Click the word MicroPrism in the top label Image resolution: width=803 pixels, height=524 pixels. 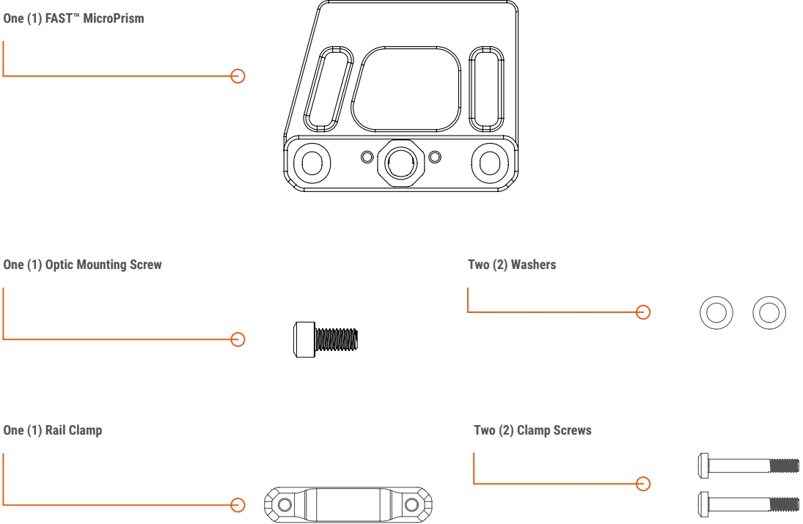113,18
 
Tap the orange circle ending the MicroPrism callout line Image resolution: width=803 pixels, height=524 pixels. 238,76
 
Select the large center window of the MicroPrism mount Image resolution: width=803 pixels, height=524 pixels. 406,89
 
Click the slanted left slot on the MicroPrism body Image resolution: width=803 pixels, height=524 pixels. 329,89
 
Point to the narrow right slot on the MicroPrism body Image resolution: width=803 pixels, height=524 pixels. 486,89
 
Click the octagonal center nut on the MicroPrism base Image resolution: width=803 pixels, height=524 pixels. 401,163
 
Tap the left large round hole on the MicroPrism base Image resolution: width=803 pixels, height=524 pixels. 312,163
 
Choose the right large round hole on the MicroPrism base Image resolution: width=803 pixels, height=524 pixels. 490,163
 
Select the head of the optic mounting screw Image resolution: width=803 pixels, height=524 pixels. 304,339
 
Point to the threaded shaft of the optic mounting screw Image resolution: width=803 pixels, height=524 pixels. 337,339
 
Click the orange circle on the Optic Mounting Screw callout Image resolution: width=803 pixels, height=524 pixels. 238,339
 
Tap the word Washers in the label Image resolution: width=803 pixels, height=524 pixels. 533,265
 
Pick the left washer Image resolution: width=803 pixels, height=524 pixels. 707,313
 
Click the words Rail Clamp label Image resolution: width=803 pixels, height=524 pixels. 73,430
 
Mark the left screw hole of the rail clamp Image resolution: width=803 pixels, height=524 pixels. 285,505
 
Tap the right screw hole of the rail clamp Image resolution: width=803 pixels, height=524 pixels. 411,505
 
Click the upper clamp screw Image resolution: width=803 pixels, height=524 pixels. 748,465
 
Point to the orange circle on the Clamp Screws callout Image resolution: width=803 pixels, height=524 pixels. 643,484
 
